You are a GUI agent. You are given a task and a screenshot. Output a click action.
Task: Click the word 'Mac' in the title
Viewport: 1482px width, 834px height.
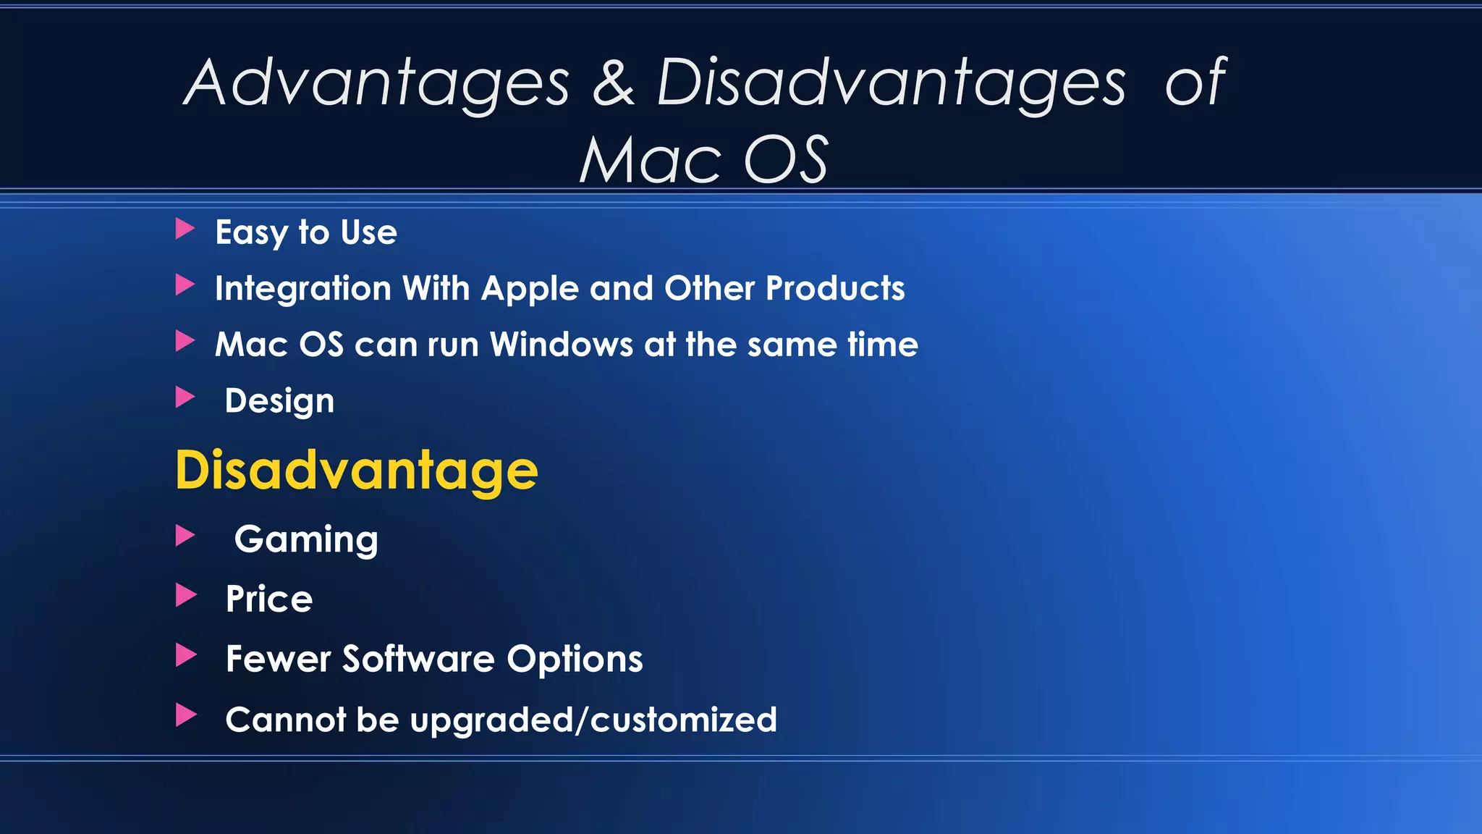click(x=650, y=161)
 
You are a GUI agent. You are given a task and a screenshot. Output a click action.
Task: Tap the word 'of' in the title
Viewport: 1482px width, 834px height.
click(x=1195, y=82)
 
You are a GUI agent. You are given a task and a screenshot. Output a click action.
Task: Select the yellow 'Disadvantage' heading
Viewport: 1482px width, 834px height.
click(x=357, y=471)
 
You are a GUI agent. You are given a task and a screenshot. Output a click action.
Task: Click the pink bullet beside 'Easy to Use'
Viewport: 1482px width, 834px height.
click(x=185, y=229)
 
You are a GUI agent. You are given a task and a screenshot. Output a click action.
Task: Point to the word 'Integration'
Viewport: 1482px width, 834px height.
click(x=303, y=289)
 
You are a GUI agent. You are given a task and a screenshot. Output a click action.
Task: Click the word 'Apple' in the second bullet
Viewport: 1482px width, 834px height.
click(x=530, y=289)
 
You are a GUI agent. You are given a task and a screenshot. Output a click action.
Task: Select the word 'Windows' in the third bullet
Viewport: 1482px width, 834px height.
click(x=562, y=345)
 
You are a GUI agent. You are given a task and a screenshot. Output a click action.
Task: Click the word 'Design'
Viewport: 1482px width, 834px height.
click(x=279, y=401)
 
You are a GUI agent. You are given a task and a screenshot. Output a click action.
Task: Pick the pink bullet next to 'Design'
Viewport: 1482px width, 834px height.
click(x=185, y=397)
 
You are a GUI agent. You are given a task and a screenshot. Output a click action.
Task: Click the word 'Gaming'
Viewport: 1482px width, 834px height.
click(x=306, y=540)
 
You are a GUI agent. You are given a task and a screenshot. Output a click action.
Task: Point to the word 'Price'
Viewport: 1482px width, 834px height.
click(x=268, y=599)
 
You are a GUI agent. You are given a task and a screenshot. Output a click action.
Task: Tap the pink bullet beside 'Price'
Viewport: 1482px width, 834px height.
click(x=185, y=596)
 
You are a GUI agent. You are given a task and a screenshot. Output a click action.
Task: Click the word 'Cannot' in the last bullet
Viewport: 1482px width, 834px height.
click(x=285, y=720)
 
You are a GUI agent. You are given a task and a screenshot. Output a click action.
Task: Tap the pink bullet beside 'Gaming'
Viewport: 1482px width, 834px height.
click(x=185, y=536)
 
